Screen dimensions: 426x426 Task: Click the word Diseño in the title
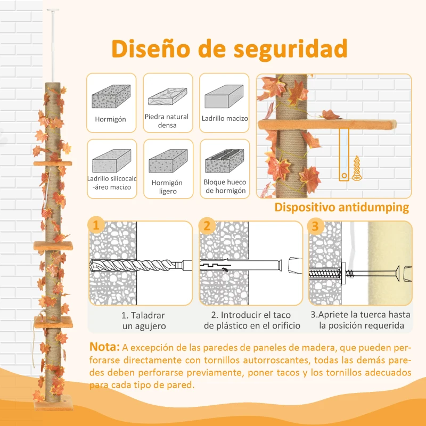click(x=151, y=50)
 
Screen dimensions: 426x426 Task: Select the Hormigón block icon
click(x=111, y=97)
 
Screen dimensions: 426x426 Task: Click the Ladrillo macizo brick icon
click(x=224, y=97)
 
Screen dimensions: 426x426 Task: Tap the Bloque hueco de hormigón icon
click(x=224, y=159)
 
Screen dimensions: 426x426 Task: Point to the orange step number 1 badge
click(x=95, y=225)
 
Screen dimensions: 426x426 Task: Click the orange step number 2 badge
click(x=206, y=225)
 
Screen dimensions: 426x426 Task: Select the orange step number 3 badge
click(x=315, y=225)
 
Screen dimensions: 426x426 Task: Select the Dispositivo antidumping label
click(x=341, y=207)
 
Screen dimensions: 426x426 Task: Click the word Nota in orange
click(x=104, y=347)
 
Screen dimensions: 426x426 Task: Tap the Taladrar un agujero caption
click(x=143, y=321)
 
